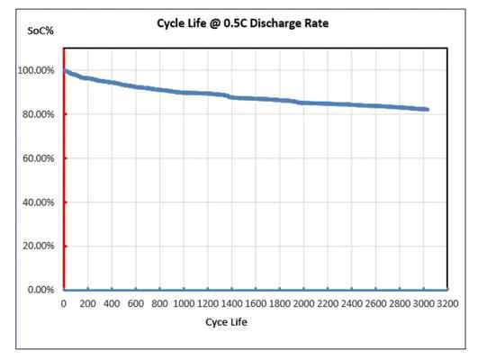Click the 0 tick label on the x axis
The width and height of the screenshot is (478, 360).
(64, 303)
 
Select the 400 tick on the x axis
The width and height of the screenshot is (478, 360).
(112, 303)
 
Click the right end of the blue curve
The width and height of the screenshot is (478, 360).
(428, 109)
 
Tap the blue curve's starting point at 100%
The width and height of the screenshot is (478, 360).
(65, 70)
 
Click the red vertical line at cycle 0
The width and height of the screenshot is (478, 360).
(64, 180)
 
